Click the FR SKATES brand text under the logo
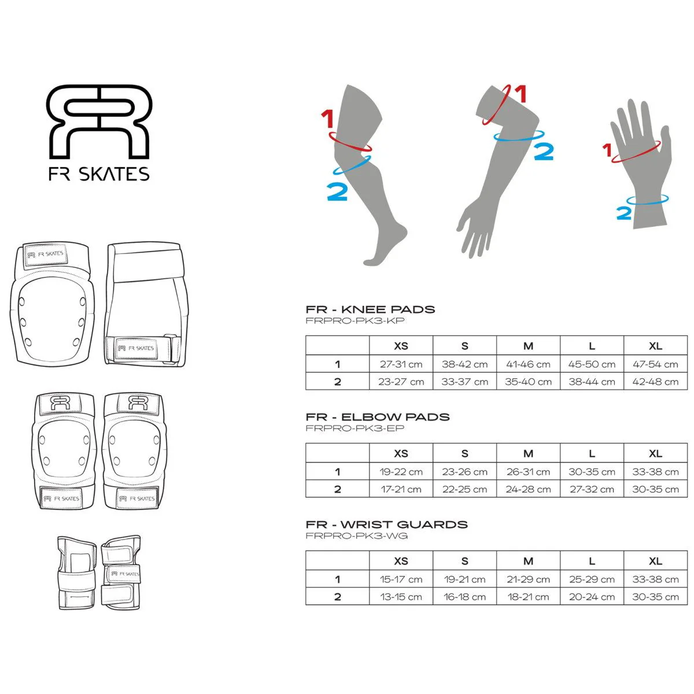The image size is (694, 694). [99, 174]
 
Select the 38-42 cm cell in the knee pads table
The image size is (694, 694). [464, 364]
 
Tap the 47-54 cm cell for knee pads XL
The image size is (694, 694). [655, 364]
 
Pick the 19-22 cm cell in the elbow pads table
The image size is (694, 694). [401, 472]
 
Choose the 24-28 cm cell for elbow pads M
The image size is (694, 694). [528, 489]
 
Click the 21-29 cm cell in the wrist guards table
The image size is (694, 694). [528, 579]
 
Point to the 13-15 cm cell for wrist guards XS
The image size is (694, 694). [401, 597]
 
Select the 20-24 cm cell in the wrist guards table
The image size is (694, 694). [592, 597]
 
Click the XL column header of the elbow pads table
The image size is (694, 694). [655, 453]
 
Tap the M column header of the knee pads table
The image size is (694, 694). [528, 346]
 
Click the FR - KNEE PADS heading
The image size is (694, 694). [370, 309]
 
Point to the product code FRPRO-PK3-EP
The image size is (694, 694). [355, 428]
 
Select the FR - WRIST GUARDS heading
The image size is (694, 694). [386, 525]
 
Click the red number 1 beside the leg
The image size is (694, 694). [327, 119]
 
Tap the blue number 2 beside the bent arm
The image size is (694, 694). [544, 152]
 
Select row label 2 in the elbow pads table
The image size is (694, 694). [337, 489]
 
